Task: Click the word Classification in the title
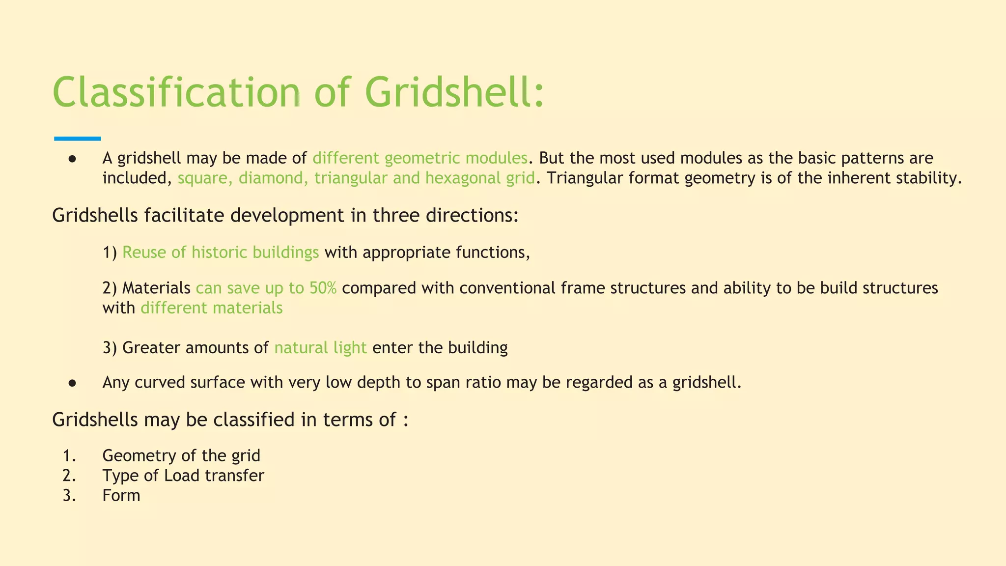(x=176, y=92)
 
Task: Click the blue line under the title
(x=77, y=139)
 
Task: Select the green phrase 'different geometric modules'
(x=420, y=158)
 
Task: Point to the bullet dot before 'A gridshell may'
(x=72, y=159)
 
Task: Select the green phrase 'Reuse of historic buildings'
(x=221, y=253)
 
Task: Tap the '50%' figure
(x=323, y=288)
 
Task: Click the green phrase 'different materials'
(x=211, y=308)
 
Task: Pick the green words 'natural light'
(x=320, y=348)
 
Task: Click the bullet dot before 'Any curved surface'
(x=72, y=383)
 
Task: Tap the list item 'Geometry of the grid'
(x=181, y=456)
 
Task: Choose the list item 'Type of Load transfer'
(x=183, y=476)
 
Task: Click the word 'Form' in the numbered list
(x=121, y=495)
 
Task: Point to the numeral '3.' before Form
(x=69, y=495)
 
